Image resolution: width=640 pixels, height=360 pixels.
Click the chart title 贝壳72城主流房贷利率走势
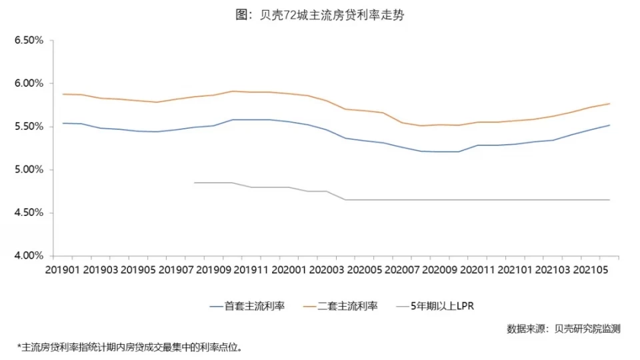(319, 15)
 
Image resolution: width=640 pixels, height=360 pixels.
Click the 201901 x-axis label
(64, 270)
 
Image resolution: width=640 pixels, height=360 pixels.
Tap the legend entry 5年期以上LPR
(442, 307)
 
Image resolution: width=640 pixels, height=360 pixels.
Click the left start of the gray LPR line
(195, 183)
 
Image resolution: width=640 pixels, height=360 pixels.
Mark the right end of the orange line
(609, 103)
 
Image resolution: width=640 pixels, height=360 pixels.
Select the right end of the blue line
(609, 125)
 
